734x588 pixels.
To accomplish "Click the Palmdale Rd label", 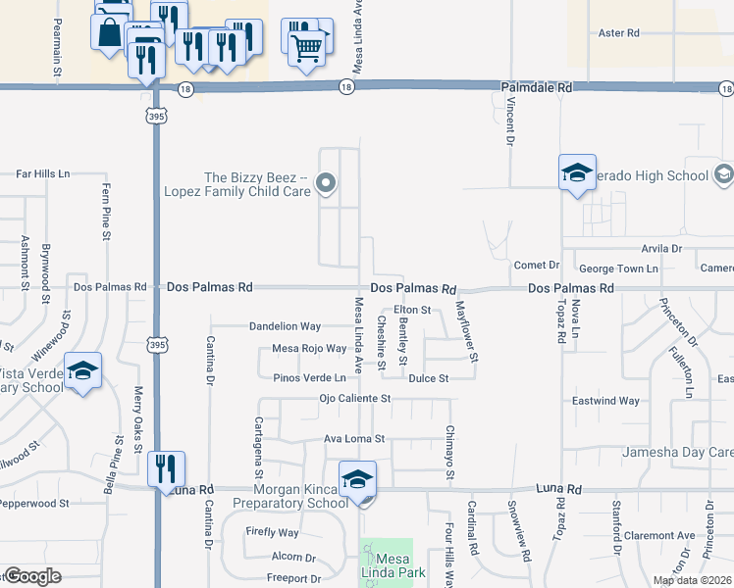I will point(536,88).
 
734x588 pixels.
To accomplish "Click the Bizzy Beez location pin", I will point(328,183).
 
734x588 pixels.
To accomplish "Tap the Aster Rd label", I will point(618,33).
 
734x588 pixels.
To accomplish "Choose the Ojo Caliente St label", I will point(355,399).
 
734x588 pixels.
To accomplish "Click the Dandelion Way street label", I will point(285,326).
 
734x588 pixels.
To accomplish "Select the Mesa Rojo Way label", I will point(309,349).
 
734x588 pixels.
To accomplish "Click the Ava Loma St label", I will point(355,439).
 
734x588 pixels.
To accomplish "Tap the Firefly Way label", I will point(273,533).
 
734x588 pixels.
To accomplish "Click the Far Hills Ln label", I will point(43,173).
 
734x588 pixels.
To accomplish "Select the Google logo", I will point(32,576).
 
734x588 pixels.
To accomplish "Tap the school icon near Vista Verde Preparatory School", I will point(83,371).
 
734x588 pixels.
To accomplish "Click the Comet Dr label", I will point(536,266).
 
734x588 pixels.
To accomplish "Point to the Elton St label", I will point(412,311).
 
